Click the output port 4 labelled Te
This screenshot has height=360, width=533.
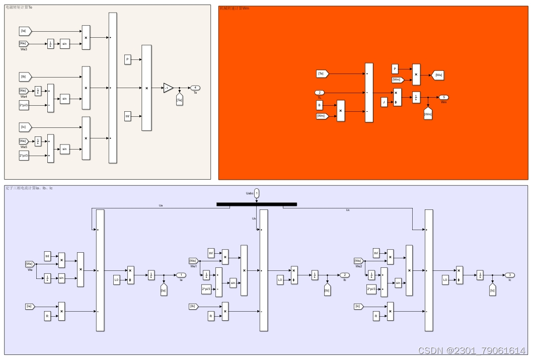click(195, 88)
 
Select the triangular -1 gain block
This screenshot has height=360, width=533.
click(168, 88)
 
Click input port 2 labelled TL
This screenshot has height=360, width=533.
click(320, 93)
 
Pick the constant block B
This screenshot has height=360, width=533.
click(319, 105)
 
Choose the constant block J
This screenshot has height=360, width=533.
click(384, 102)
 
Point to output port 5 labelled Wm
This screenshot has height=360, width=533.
click(443, 97)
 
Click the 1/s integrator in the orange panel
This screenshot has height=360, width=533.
click(416, 98)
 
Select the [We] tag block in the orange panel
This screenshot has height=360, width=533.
click(438, 75)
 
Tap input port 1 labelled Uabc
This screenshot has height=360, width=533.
click(257, 193)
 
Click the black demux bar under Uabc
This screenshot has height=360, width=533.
click(257, 204)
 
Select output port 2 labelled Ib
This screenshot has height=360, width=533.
click(344, 275)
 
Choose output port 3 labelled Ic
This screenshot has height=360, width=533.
click(509, 275)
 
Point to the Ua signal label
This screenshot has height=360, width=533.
click(161, 205)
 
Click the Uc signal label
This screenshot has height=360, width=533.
click(348, 209)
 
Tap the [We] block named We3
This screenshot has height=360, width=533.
click(24, 44)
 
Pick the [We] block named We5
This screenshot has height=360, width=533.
click(24, 141)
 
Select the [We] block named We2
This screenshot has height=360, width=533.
click(358, 261)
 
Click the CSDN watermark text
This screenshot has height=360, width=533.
click(472, 350)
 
